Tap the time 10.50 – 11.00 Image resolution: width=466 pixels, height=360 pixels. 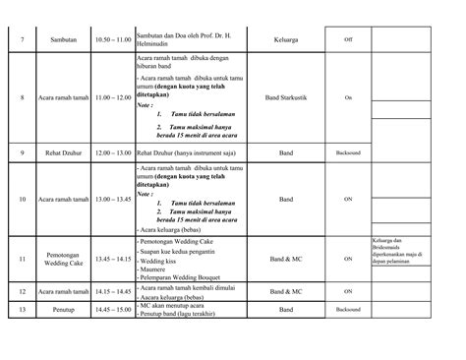point(111,39)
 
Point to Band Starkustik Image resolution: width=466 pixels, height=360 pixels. point(285,98)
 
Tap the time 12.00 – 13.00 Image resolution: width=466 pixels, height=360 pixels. point(111,153)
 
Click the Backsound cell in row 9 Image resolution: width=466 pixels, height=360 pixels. point(348,153)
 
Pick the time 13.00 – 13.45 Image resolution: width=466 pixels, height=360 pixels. point(111,200)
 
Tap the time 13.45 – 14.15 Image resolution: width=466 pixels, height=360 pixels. point(111,260)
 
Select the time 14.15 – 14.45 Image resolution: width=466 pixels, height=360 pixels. point(111,292)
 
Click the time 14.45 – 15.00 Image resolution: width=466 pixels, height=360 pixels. point(111,310)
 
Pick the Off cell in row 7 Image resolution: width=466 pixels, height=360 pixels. point(348,39)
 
